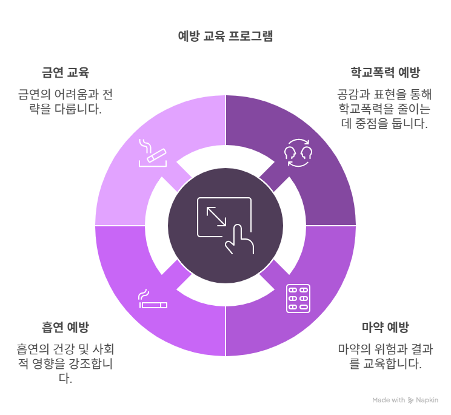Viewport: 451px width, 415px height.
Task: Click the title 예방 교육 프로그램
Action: tap(225, 36)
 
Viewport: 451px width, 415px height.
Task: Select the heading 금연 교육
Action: tap(65, 72)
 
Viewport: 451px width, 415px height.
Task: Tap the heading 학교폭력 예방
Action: tap(385, 72)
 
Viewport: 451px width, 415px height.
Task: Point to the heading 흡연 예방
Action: tap(65, 327)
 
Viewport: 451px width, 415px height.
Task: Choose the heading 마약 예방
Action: tap(385, 327)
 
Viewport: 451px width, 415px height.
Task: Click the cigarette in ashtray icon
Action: tap(153, 153)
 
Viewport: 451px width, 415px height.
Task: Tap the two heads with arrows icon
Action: tap(298, 153)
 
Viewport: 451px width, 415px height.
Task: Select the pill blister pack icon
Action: tap(298, 299)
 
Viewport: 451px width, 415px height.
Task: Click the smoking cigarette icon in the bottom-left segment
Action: tap(153, 299)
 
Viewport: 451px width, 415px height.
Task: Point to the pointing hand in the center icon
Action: tap(239, 240)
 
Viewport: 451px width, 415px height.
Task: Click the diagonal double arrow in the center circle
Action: tap(216, 217)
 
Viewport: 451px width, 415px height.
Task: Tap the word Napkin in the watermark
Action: tap(427, 400)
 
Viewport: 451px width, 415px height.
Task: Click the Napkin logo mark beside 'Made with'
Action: tap(411, 400)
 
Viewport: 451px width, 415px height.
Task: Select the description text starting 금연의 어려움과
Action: tap(65, 102)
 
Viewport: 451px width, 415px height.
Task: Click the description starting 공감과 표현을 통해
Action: tap(385, 109)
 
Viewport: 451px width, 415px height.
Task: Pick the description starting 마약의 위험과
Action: tap(385, 357)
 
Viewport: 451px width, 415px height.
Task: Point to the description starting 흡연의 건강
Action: tap(65, 364)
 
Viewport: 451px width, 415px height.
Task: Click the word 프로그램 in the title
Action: tap(251, 36)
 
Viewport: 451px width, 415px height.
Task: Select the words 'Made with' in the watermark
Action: tap(389, 400)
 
